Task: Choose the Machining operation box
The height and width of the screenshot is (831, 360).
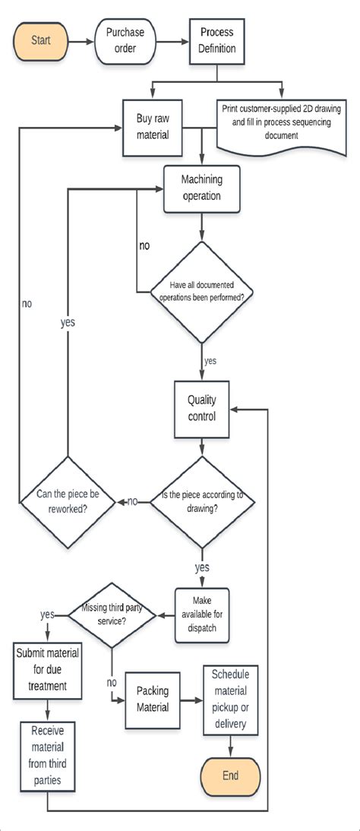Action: point(201,188)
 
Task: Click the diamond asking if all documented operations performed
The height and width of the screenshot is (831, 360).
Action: point(201,290)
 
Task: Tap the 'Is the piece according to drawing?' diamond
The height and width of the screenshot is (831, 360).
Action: point(201,501)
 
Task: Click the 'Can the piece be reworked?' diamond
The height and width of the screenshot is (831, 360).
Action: point(68,501)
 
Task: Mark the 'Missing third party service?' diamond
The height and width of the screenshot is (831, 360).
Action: point(112,612)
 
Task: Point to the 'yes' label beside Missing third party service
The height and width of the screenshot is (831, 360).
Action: point(47,613)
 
